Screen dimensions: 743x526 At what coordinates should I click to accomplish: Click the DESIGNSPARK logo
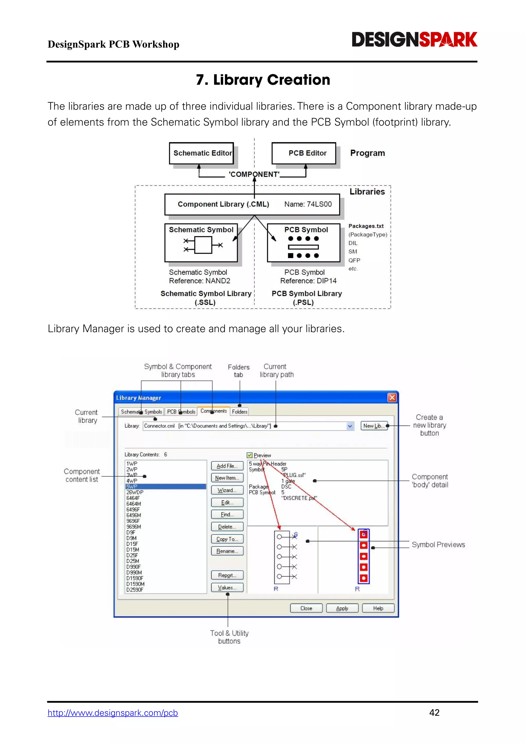(414, 40)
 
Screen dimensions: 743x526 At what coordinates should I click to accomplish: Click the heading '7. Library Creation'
(263, 80)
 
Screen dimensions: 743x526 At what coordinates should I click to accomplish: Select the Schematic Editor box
(201, 153)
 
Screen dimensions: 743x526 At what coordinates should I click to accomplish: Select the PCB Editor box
(304, 153)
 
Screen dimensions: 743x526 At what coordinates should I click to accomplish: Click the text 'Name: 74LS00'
(308, 204)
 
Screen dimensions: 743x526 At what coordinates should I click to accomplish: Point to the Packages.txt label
(366, 226)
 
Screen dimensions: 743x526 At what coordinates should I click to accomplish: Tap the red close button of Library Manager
(392, 397)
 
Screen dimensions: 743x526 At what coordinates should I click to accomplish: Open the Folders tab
(239, 412)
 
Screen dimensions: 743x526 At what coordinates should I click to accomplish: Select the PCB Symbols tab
(181, 412)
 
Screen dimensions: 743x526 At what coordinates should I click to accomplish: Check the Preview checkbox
(250, 455)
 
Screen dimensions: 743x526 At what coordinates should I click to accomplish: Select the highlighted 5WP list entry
(165, 486)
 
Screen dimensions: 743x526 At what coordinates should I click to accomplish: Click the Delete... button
(227, 527)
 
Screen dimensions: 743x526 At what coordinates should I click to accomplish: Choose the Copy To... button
(227, 539)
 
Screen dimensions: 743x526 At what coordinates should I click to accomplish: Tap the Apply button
(342, 608)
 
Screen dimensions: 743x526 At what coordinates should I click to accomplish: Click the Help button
(378, 608)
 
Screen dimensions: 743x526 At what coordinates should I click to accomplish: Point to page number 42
(434, 712)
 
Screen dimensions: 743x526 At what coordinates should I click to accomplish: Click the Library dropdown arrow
(350, 426)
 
